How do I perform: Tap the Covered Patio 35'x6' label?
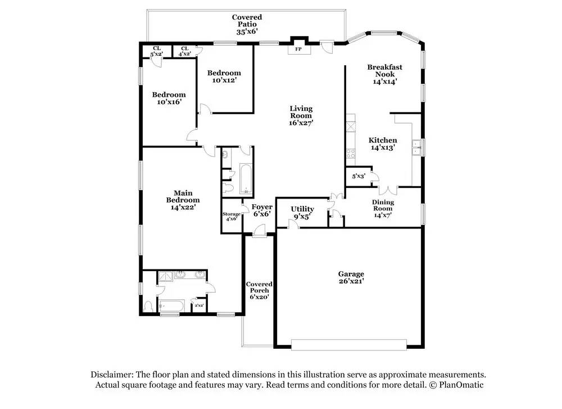(247, 25)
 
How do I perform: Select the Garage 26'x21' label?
(351, 277)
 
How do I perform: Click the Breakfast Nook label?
(385, 74)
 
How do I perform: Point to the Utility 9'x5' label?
(302, 212)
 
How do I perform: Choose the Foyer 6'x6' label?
(262, 210)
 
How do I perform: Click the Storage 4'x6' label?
(232, 216)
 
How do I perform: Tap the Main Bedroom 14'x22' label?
(183, 200)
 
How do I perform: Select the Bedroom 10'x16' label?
(169, 98)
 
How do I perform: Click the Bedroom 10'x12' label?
(224, 77)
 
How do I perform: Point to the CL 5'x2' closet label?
(157, 51)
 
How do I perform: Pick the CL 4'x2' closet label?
(184, 51)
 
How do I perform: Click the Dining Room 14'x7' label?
(383, 208)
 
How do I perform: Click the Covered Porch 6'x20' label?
(259, 290)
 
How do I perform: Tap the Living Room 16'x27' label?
(301, 115)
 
